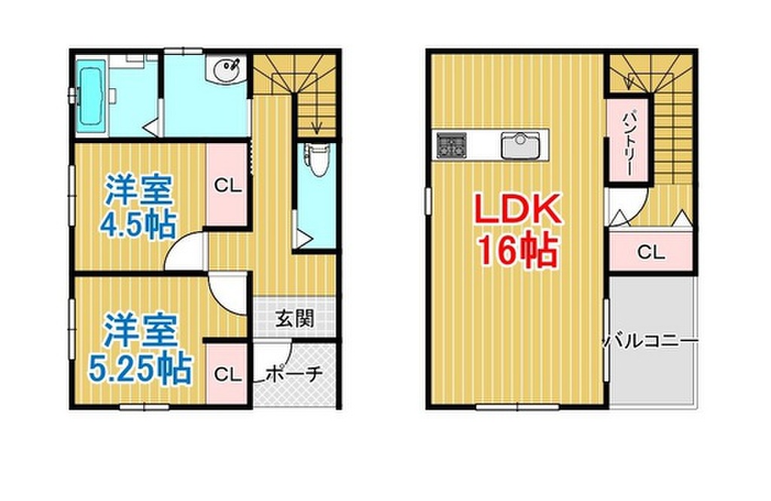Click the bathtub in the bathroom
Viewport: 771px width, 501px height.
pos(90,97)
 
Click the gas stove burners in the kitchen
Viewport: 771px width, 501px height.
pos(450,144)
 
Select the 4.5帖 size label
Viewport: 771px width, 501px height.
pos(137,224)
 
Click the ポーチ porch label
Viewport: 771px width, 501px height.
pos(294,373)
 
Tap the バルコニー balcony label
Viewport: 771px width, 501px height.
pos(651,341)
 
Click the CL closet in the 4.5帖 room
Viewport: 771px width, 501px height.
pos(227,185)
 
